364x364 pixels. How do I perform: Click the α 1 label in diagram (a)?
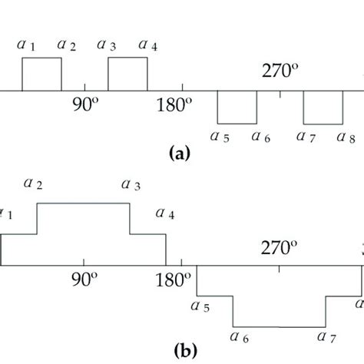point(27,45)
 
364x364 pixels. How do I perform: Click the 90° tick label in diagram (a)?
point(85,106)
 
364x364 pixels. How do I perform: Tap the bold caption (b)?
point(186,352)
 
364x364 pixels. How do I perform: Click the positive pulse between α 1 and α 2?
point(41,74)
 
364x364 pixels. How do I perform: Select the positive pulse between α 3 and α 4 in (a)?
point(127,74)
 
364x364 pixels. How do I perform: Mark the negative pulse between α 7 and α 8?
point(323,108)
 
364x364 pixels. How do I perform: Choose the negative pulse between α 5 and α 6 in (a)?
point(237,108)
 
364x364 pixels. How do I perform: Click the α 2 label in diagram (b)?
point(33,184)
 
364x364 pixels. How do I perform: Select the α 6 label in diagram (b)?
point(240,335)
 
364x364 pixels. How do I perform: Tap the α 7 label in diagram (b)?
point(326,335)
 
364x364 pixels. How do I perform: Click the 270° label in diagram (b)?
point(278,248)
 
